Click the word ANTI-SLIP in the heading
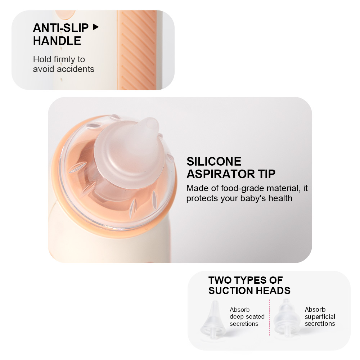tap(60, 28)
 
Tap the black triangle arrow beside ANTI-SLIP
tap(96, 27)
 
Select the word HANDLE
tap(57, 41)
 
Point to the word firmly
tap(64, 59)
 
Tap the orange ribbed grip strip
tap(137, 50)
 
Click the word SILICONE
tap(214, 161)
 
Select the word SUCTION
tap(231, 291)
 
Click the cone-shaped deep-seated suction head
tap(213, 319)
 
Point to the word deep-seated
tap(247, 316)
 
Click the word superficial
tap(320, 316)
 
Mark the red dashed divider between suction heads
tap(269, 317)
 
